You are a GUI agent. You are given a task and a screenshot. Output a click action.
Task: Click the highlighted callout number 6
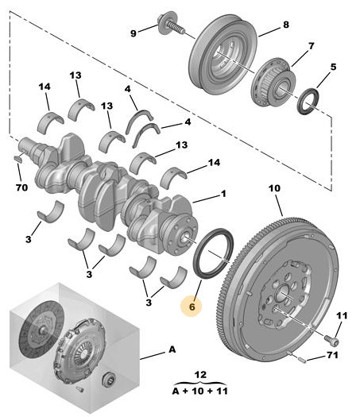click(x=192, y=307)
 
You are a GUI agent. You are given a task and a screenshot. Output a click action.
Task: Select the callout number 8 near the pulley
click(x=286, y=25)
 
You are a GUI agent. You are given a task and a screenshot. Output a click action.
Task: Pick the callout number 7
click(x=311, y=46)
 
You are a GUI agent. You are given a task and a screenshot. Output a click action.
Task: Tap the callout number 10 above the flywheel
click(x=274, y=188)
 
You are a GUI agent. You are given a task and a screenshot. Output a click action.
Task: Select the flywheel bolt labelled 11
click(x=332, y=341)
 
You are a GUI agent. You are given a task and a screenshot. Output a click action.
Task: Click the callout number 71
click(x=332, y=355)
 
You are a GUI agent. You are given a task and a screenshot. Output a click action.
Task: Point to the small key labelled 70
click(x=17, y=159)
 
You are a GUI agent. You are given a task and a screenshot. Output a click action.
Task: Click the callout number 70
click(x=21, y=187)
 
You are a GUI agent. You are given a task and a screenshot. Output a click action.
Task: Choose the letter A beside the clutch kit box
click(x=172, y=349)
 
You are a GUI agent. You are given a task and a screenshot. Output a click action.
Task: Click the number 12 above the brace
click(x=200, y=375)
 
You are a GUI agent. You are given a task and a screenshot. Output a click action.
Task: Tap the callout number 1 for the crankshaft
click(x=223, y=194)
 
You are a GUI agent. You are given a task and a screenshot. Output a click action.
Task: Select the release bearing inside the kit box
click(x=109, y=379)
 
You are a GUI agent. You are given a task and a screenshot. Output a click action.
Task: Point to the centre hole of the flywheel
click(x=283, y=294)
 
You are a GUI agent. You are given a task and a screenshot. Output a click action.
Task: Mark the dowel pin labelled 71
click(x=301, y=360)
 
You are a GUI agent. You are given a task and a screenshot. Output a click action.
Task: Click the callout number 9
click(x=134, y=33)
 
